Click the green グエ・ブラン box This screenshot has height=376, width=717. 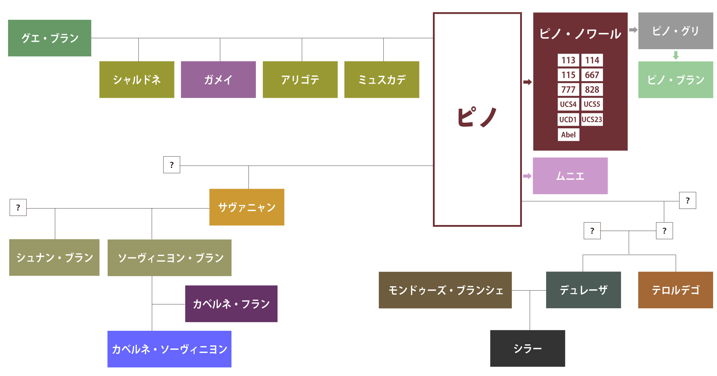50,38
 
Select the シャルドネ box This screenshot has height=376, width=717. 137,79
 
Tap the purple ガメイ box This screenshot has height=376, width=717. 218,79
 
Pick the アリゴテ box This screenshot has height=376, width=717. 300,79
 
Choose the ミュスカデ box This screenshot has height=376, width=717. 382,79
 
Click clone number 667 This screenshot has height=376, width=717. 592,75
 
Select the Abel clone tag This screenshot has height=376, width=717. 568,135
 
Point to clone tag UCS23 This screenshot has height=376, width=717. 592,119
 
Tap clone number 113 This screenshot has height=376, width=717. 568,60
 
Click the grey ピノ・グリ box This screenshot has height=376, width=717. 675,31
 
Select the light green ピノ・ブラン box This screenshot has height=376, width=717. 675,80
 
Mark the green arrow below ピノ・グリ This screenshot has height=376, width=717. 676,55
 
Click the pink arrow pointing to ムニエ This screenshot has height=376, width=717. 527,176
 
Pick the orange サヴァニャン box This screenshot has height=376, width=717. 247,207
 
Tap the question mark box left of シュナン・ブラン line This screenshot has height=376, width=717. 18,207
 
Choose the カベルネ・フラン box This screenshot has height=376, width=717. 231,304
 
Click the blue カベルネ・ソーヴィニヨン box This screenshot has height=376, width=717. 169,349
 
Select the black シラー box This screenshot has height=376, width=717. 528,348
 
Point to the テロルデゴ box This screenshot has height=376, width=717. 675,290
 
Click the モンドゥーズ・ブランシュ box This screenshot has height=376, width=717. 445,290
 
